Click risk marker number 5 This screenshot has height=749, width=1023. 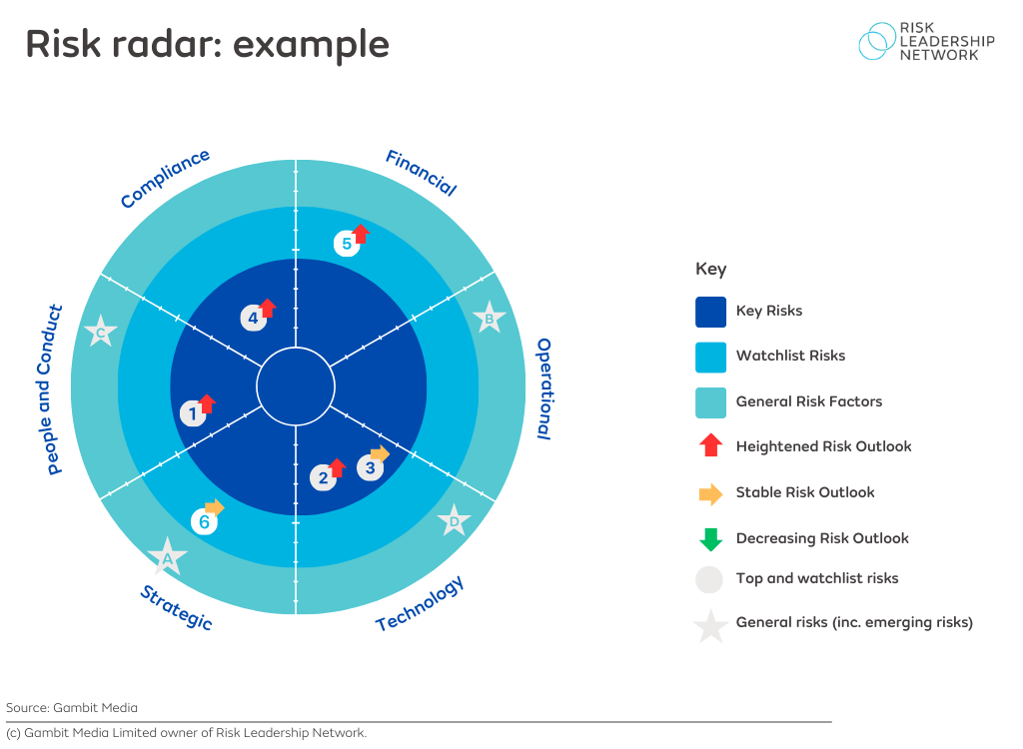[x=346, y=243]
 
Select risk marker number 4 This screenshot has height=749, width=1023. [x=253, y=319]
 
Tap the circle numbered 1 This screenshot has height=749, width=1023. [x=193, y=412]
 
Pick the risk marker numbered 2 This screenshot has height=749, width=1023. [x=323, y=477]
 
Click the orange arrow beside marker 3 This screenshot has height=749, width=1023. [x=380, y=454]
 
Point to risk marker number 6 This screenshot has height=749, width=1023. [x=204, y=520]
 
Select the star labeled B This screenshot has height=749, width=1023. [x=489, y=320]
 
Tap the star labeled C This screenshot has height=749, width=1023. [x=101, y=333]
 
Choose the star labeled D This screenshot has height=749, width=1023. [x=454, y=521]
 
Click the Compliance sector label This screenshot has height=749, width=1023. [x=165, y=179]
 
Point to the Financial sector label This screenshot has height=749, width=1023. [x=421, y=173]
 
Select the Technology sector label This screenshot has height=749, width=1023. [x=420, y=604]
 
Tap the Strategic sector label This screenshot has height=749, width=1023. [x=176, y=608]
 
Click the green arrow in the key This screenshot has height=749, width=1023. [x=710, y=539]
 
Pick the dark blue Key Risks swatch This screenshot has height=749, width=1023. [x=710, y=311]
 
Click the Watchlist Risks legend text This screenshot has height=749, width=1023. [x=790, y=356]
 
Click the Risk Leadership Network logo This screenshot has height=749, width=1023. [x=926, y=42]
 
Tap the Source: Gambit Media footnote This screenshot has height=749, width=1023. [x=72, y=707]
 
